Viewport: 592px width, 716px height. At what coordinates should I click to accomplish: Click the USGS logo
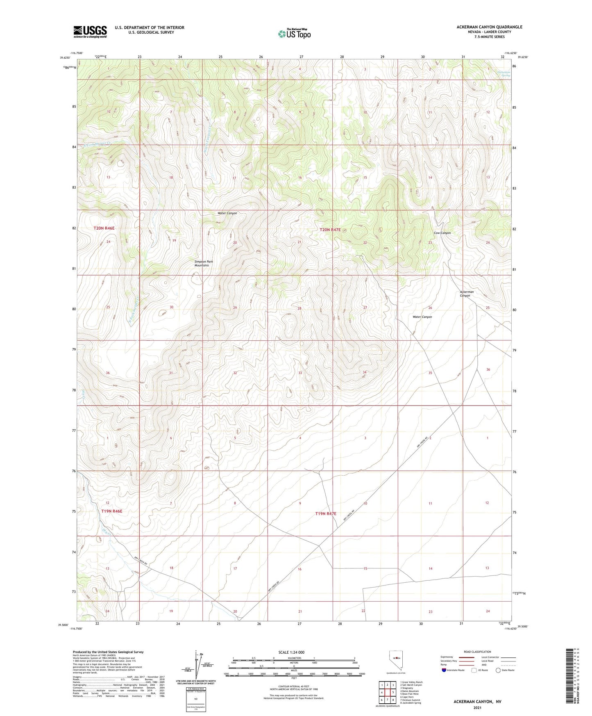tap(90, 32)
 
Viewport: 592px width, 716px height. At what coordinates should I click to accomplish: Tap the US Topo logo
tap(294, 34)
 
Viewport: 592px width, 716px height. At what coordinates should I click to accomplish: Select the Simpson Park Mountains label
tap(202, 263)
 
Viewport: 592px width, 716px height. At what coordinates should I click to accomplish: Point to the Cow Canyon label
tap(442, 233)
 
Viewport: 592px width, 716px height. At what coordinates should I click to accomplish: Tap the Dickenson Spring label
tap(504, 74)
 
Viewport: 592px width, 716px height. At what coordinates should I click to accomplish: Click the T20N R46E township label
tap(104, 228)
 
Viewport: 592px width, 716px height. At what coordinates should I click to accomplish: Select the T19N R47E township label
tap(326, 513)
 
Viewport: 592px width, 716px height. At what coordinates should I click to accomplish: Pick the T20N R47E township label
tap(330, 230)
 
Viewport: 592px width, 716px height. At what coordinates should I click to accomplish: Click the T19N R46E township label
tap(112, 511)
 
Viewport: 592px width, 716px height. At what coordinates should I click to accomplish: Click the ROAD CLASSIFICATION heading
tap(477, 652)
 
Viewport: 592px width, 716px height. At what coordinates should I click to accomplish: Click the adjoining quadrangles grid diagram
tap(387, 693)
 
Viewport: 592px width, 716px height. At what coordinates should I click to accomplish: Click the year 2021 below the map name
tap(477, 708)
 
